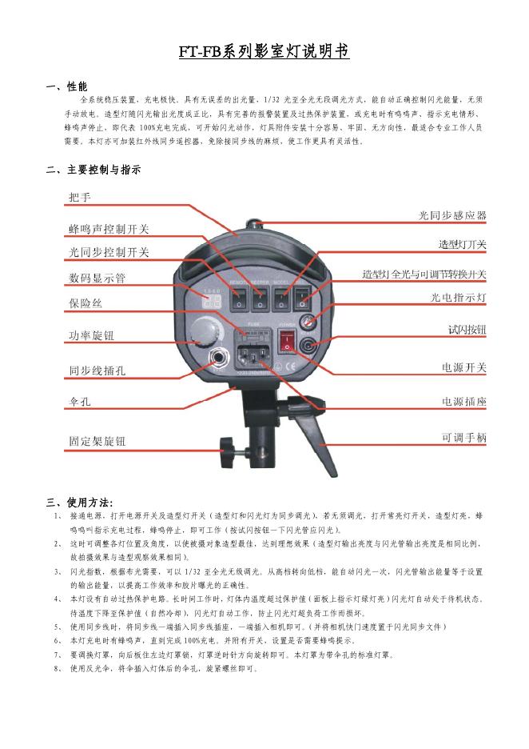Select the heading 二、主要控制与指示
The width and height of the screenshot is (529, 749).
93,170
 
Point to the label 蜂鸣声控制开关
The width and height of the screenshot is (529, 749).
108,229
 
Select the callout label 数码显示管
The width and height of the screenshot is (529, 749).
97,278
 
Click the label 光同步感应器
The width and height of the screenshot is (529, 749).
452,215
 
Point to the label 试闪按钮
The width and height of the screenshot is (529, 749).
467,329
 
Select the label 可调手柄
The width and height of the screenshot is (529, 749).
463,437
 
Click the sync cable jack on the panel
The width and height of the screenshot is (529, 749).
216,358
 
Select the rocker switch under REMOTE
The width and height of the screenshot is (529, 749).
239,299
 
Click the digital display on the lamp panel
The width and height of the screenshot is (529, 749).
212,301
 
